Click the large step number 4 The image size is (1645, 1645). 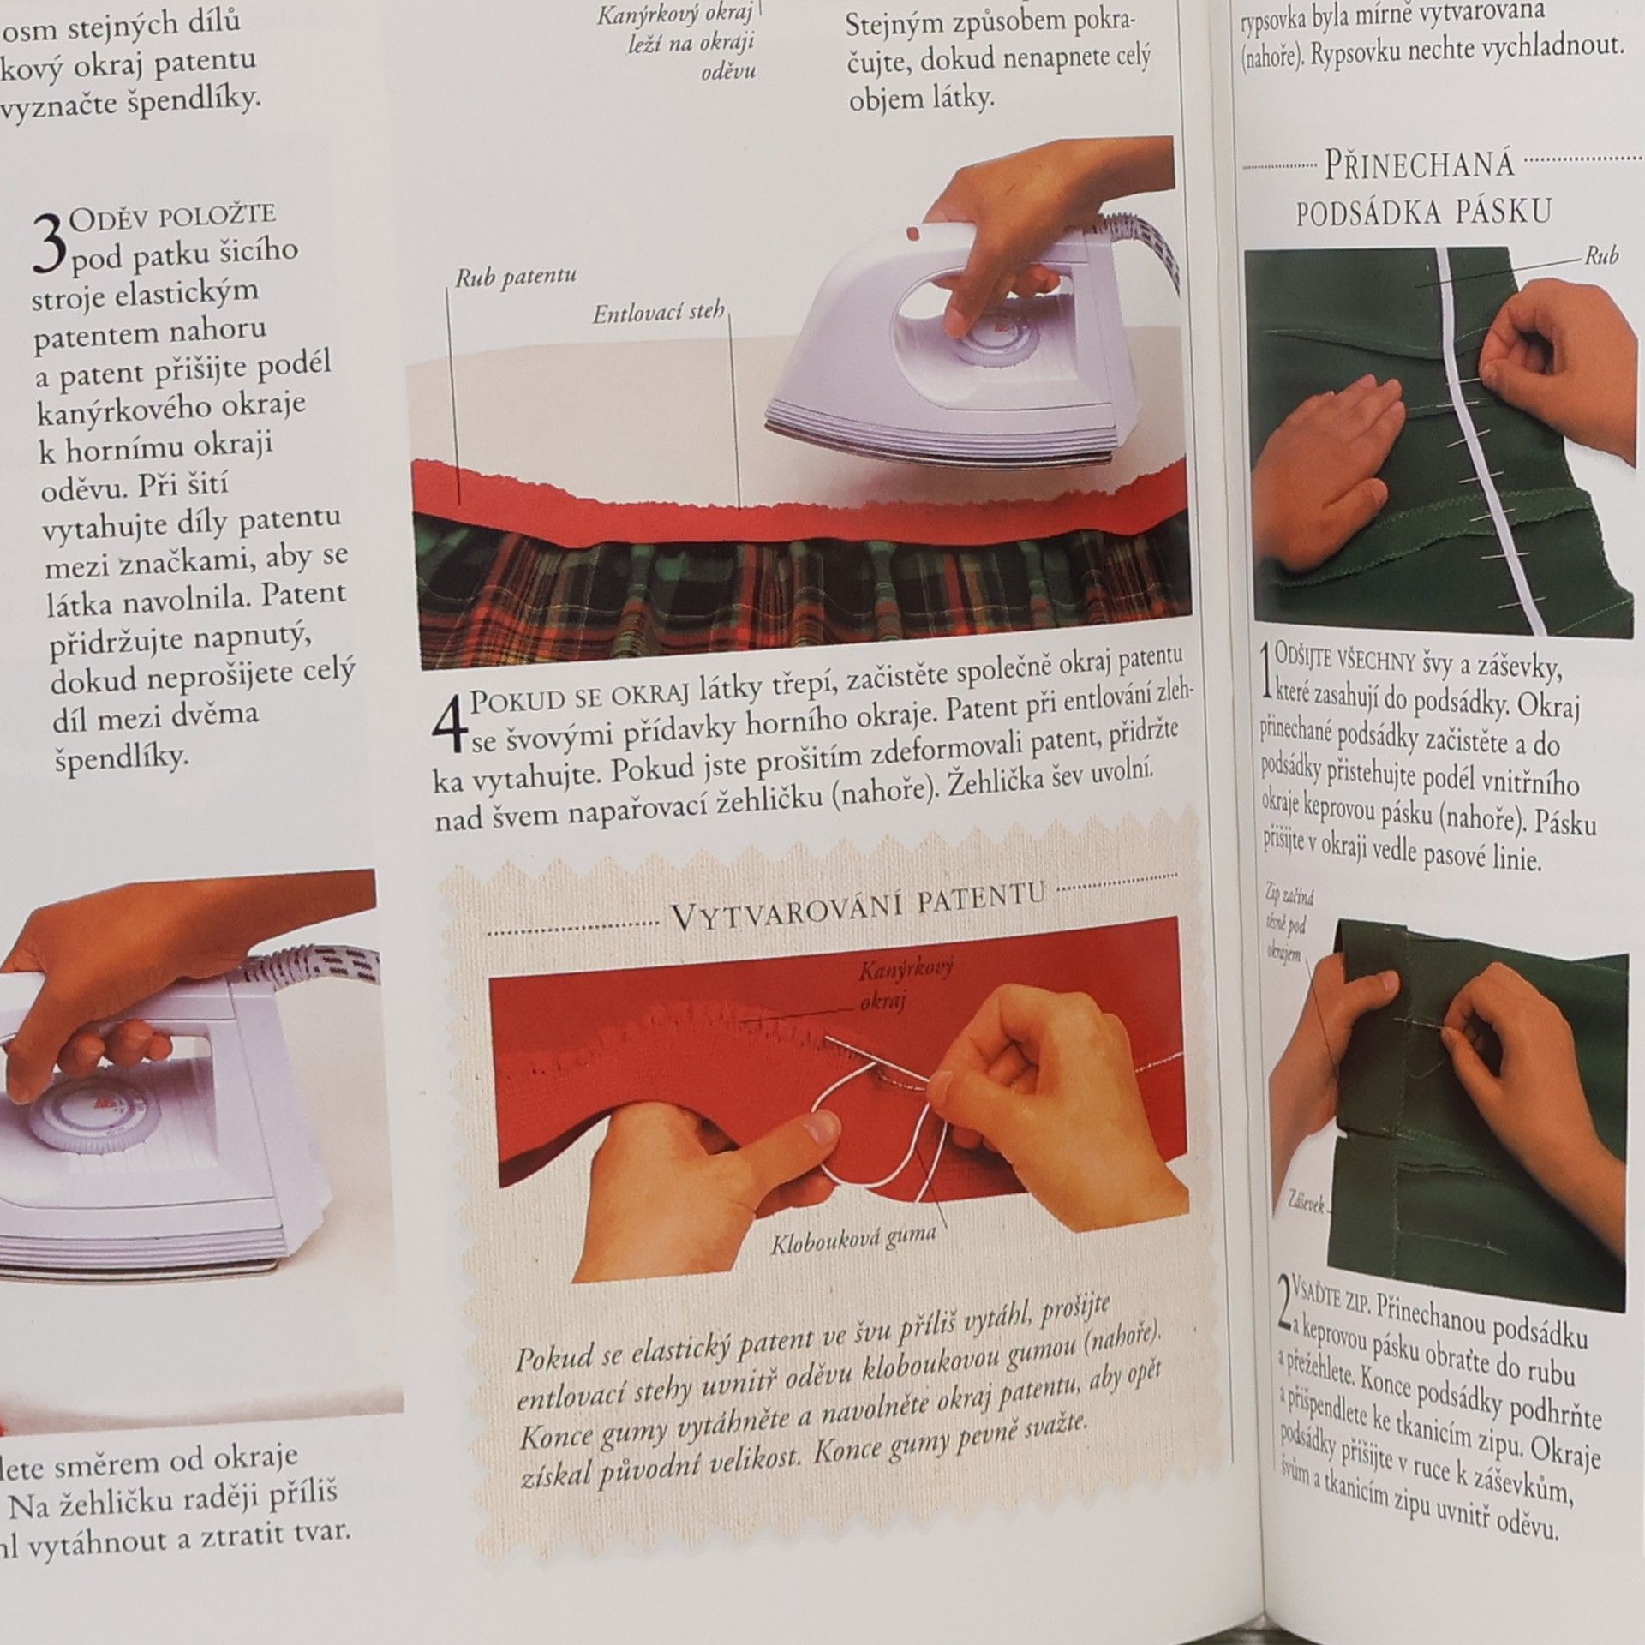pyautogui.click(x=452, y=725)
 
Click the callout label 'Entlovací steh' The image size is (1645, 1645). pyautogui.click(x=659, y=314)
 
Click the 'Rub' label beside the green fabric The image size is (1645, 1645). pyautogui.click(x=1600, y=255)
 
